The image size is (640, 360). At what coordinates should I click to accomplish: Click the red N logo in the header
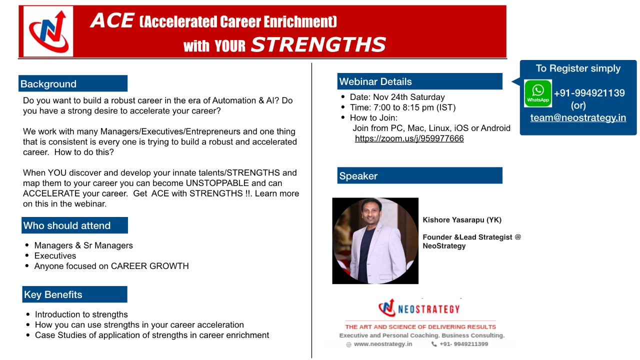pos(48,31)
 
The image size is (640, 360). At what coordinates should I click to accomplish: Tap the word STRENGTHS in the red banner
pos(318,44)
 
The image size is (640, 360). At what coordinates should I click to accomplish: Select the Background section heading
pos(48,84)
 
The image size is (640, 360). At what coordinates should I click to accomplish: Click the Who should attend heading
pos(67,225)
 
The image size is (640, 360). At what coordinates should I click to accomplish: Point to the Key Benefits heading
pos(53,294)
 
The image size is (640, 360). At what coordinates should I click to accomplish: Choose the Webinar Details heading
pos(375,81)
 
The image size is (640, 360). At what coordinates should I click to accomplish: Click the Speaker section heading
pos(358,175)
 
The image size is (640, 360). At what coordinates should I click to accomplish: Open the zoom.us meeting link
pos(409,138)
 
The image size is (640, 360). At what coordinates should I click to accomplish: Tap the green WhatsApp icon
pos(538,93)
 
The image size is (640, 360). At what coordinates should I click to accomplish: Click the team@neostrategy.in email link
pos(578,117)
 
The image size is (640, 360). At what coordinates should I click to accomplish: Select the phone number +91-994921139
pos(589,93)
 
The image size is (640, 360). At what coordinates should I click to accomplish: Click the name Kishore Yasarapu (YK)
pos(462,219)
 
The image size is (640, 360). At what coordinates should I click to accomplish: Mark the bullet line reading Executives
pos(55,255)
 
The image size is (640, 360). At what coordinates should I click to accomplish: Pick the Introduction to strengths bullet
pos(81,314)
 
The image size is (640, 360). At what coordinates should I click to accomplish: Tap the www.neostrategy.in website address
pos(383,344)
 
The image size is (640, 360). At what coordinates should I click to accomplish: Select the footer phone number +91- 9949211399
pos(463,344)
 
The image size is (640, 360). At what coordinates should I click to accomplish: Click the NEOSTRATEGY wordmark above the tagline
pos(428,309)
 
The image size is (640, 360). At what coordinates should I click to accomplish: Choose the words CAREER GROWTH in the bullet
pos(149,266)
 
